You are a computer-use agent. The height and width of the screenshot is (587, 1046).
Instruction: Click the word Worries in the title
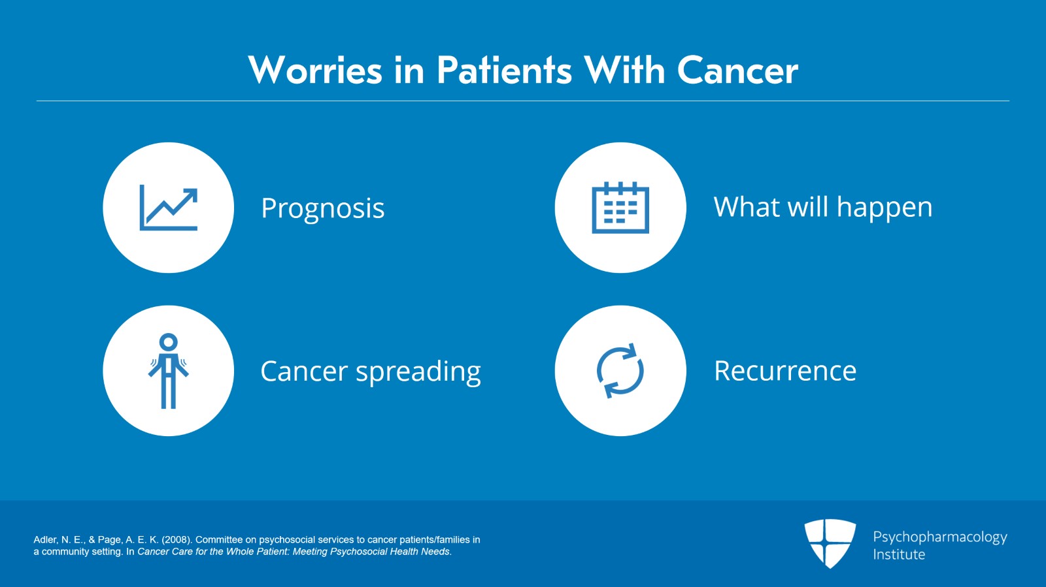pyautogui.click(x=315, y=71)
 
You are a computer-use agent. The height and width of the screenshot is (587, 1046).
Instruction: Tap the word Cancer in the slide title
pyautogui.click(x=737, y=71)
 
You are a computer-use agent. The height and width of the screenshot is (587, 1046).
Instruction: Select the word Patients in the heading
pyautogui.click(x=504, y=71)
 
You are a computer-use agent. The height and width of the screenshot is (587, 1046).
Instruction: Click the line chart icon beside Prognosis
pyautogui.click(x=169, y=208)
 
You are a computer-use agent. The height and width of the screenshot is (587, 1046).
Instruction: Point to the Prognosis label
pyautogui.click(x=322, y=208)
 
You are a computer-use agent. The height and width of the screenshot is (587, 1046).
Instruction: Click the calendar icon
pyautogui.click(x=620, y=208)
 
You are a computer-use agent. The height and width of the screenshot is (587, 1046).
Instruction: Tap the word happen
pyautogui.click(x=885, y=208)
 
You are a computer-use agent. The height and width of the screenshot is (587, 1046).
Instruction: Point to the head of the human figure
pyautogui.click(x=169, y=341)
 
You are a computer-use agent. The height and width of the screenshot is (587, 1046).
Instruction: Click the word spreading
pyautogui.click(x=418, y=372)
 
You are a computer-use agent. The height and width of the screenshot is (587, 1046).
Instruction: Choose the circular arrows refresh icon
pyautogui.click(x=620, y=371)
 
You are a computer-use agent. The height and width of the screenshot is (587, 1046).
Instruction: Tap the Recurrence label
pyautogui.click(x=785, y=371)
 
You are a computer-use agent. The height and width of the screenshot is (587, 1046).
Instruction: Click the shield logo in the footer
pyautogui.click(x=830, y=543)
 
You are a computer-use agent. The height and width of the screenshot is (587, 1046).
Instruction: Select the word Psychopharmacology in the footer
pyautogui.click(x=939, y=537)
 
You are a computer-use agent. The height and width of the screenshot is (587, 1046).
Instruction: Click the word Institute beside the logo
pyautogui.click(x=899, y=554)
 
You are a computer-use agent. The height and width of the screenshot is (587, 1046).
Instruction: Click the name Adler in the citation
pyautogui.click(x=45, y=540)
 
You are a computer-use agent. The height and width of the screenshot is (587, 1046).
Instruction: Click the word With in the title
pyautogui.click(x=624, y=71)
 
